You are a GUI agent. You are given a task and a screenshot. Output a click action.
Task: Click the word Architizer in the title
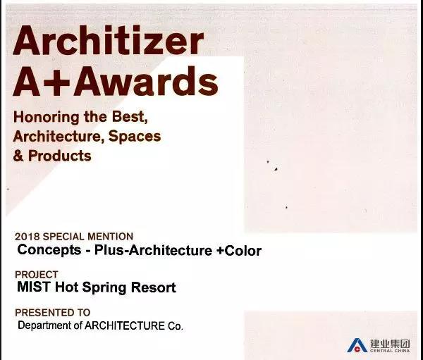click(x=108, y=40)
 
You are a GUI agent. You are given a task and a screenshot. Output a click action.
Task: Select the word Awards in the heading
click(x=146, y=81)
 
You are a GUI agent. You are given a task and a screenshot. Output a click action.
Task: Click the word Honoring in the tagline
click(x=47, y=118)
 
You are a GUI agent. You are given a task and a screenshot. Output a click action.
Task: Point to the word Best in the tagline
click(x=130, y=116)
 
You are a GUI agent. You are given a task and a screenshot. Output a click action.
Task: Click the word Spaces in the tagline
click(x=135, y=137)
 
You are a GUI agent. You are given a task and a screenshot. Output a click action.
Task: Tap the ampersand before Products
click(x=18, y=156)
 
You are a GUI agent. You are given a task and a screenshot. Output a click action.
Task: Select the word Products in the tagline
click(x=60, y=156)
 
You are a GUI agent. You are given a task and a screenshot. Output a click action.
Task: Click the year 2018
click(x=27, y=237)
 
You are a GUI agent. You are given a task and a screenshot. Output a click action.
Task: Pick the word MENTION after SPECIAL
click(x=111, y=237)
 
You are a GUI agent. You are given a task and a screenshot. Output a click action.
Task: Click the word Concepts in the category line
click(x=49, y=250)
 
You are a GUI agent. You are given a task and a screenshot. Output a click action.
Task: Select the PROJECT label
click(x=37, y=275)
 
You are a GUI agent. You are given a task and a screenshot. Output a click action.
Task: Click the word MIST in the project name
click(x=33, y=287)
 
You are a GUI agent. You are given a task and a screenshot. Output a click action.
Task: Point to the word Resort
click(x=153, y=287)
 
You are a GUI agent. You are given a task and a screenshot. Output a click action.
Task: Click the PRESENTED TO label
click(x=53, y=313)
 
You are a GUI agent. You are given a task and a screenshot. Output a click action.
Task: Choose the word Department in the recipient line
click(x=45, y=325)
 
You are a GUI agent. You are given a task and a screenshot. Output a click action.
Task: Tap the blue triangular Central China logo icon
click(x=357, y=345)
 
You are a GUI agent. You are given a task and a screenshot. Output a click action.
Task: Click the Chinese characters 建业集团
click(x=390, y=344)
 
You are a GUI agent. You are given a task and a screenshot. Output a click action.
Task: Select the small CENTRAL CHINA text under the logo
click(x=390, y=351)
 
